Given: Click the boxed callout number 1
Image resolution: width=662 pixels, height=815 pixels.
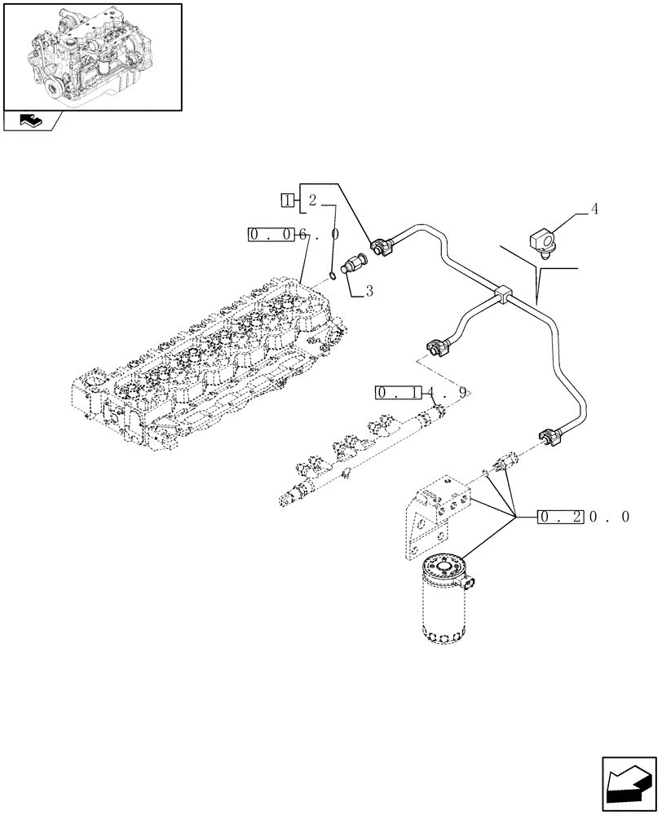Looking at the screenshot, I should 287,200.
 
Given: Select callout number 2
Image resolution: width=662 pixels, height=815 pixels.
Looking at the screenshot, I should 312,200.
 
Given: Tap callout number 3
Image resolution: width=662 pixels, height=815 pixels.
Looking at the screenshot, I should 369,290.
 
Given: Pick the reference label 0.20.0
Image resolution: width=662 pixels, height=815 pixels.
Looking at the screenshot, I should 584,517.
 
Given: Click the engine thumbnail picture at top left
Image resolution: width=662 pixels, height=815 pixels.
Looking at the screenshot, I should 91,56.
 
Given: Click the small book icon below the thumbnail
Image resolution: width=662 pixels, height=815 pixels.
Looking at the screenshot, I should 30,121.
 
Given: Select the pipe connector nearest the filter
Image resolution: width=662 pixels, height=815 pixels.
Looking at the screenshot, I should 546,438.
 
